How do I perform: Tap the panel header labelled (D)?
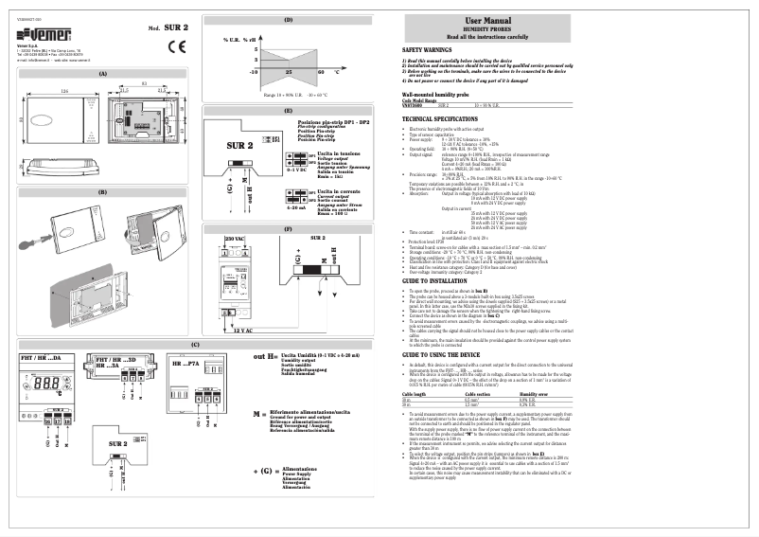click(x=288, y=20)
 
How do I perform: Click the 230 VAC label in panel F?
click(x=235, y=240)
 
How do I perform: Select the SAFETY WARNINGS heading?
click(x=426, y=48)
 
